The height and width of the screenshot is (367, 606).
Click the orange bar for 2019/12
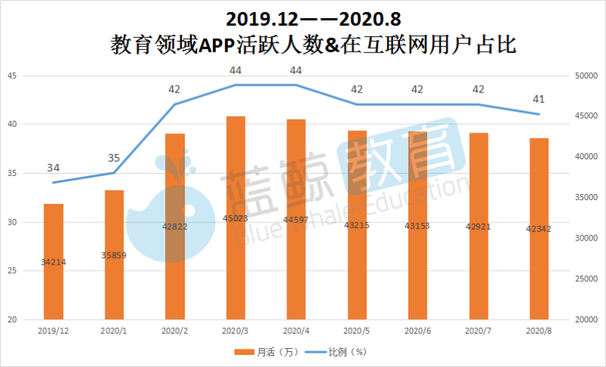(x=53, y=262)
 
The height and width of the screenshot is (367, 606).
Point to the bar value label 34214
(x=53, y=262)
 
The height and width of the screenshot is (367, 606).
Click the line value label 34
(x=53, y=168)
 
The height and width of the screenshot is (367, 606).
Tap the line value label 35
(x=114, y=158)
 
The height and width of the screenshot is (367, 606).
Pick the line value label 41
(x=539, y=99)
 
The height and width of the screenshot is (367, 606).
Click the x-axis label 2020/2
(x=174, y=331)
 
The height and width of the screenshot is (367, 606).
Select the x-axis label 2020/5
(x=357, y=331)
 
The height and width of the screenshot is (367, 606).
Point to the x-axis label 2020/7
(x=478, y=331)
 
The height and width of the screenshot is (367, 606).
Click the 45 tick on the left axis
(x=11, y=76)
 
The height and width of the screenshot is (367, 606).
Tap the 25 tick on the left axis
(x=11, y=271)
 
